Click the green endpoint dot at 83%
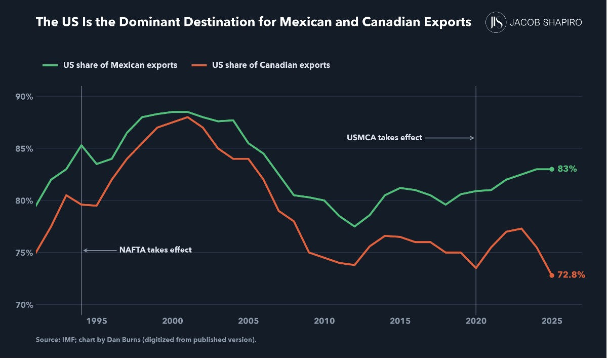(552, 170)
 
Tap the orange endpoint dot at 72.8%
(552, 275)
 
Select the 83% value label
(567, 169)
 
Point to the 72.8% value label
(571, 275)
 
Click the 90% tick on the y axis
(24, 97)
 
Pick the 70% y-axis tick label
(24, 305)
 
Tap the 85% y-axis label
(24, 149)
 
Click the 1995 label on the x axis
(97, 321)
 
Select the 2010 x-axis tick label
(324, 321)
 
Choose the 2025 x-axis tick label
(552, 321)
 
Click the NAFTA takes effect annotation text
(155, 250)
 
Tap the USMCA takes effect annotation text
(384, 138)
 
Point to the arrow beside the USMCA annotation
(450, 138)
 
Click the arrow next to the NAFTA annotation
(100, 250)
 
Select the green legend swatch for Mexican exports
(50, 65)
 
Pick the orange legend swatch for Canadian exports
(199, 65)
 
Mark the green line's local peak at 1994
(82, 145)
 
